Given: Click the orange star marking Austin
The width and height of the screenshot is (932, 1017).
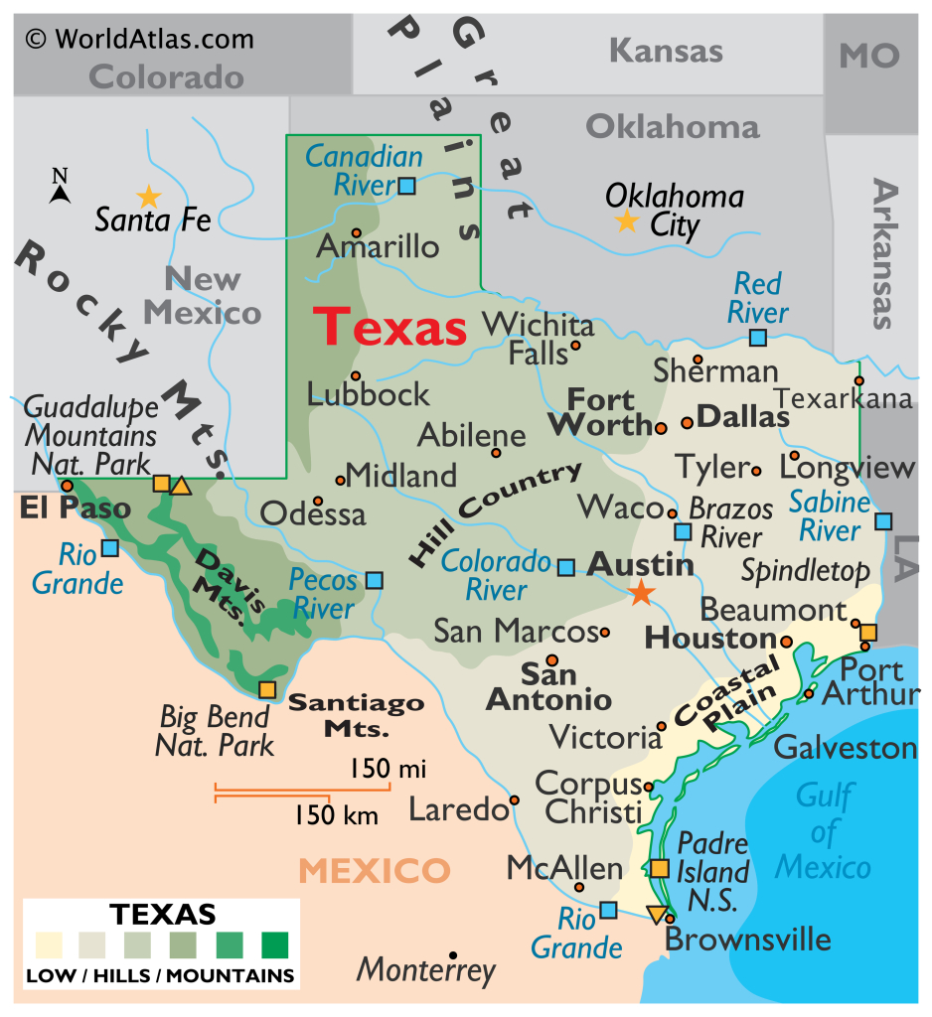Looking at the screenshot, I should click(x=642, y=594).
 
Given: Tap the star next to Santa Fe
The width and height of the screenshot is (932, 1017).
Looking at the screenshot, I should click(x=148, y=197).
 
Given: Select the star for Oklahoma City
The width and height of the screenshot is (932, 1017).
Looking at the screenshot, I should click(x=627, y=220).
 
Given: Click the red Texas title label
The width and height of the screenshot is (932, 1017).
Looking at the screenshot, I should click(x=389, y=327).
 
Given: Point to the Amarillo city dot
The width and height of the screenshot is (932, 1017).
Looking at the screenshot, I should click(x=356, y=232).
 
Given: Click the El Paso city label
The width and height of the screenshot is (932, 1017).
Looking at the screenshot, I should click(x=76, y=509).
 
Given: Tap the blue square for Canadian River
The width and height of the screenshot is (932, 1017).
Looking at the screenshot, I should click(x=407, y=186).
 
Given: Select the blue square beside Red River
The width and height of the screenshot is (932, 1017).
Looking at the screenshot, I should click(x=758, y=338).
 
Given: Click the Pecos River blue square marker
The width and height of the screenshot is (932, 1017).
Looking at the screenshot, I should click(x=375, y=580).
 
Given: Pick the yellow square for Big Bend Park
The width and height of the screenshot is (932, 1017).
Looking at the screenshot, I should click(x=267, y=689).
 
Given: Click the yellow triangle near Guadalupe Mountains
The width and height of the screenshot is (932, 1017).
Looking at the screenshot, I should click(x=181, y=486).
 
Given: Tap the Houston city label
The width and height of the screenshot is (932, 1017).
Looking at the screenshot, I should click(x=710, y=638).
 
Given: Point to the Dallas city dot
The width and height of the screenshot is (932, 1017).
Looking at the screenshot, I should click(x=687, y=423).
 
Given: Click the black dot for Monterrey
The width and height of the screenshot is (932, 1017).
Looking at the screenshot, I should click(x=453, y=954).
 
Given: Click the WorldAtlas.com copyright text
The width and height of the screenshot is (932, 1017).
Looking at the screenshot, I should click(x=139, y=40).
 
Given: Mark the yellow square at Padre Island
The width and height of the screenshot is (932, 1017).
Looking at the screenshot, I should click(x=660, y=868).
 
